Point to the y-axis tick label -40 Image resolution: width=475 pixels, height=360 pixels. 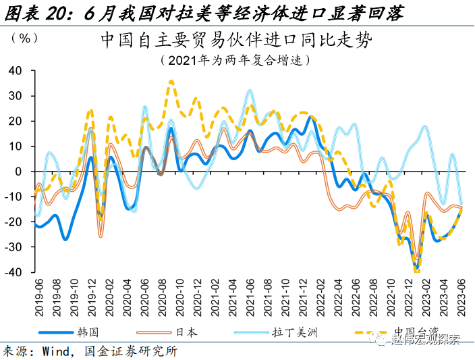point(14,272)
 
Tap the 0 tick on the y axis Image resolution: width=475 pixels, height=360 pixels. point(20,172)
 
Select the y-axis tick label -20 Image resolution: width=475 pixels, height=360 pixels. point(14,222)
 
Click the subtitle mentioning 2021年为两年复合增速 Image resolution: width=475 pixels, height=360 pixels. point(235,60)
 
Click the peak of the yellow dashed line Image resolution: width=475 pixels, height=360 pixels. point(171,81)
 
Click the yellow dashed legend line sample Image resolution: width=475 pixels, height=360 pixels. point(370,332)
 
